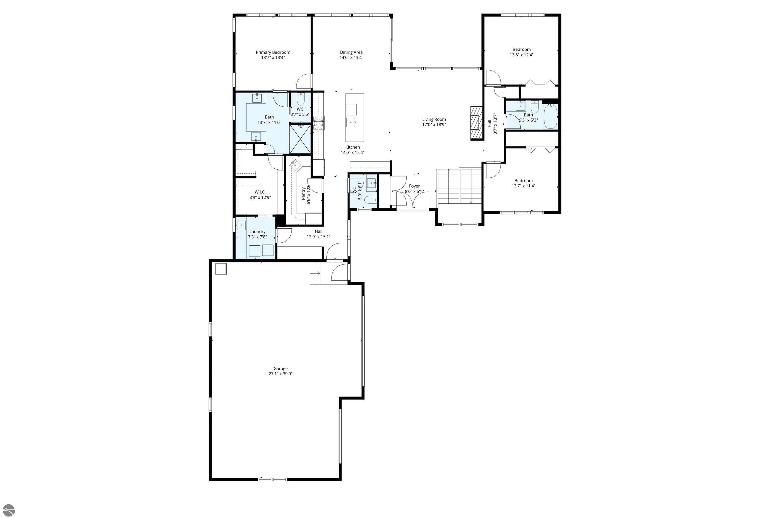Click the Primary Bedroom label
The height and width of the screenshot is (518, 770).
[x=273, y=52]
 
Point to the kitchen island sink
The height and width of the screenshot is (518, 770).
[x=351, y=122]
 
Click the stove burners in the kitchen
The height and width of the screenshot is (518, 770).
[x=318, y=122]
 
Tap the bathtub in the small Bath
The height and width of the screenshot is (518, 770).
[x=550, y=116]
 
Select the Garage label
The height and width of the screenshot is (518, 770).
[x=280, y=368]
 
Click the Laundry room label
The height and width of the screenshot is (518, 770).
[x=257, y=232]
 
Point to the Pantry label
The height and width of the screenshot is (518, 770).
[x=303, y=193]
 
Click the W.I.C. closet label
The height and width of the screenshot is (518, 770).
[x=260, y=192]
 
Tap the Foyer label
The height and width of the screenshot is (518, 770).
[x=414, y=186]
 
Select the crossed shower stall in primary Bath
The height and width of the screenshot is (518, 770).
[x=300, y=139]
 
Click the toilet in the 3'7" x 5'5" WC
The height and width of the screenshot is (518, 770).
[x=301, y=99]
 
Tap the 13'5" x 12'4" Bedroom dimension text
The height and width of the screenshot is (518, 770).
[x=521, y=55]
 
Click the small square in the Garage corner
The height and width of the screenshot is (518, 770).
[x=221, y=269]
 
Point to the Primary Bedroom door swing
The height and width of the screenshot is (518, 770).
[x=304, y=82]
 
